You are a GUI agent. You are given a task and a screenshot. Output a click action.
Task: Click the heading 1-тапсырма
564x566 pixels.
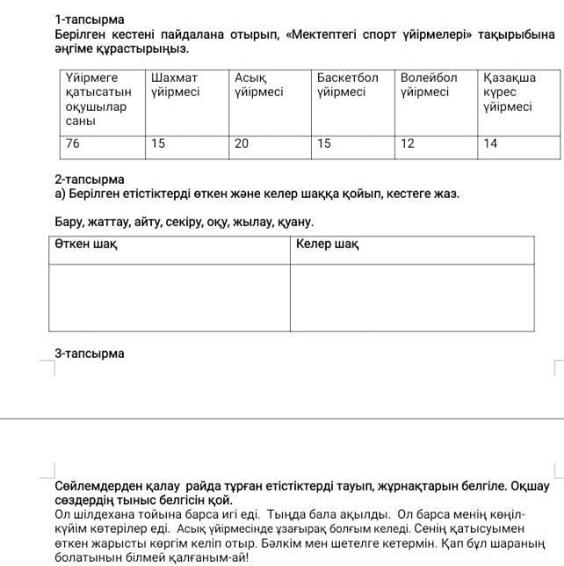(90, 18)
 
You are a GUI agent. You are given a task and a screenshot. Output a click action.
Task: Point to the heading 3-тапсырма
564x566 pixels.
(90, 353)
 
